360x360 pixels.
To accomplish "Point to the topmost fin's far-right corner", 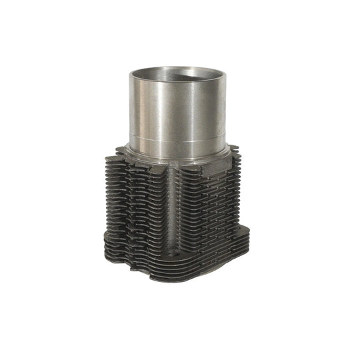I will [x=239, y=151].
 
